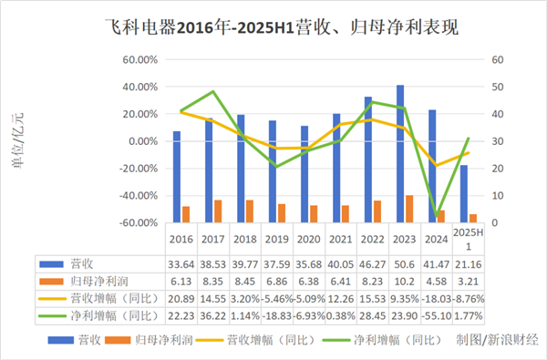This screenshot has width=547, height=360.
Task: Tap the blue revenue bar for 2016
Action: [177, 176]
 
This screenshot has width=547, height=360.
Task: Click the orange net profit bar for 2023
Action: [409, 209]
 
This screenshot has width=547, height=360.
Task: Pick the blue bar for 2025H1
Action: [463, 193]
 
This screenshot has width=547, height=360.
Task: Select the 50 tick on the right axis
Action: [498, 87]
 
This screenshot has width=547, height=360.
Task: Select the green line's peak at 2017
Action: [212, 92]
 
